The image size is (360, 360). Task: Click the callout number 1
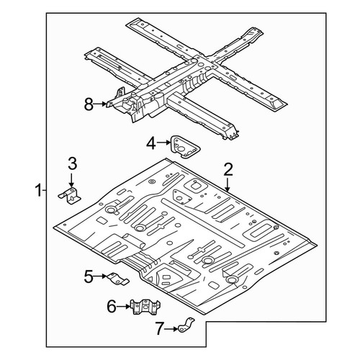coord(38,190)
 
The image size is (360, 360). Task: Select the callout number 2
coord(228,169)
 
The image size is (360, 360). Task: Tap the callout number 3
coord(73,163)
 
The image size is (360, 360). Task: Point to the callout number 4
coord(151,144)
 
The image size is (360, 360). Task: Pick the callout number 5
coord(89,276)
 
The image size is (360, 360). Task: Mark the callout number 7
coord(159,328)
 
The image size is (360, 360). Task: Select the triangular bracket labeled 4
coord(184,147)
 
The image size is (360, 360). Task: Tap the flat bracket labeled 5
coord(118,279)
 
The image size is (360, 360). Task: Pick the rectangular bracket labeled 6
coord(145,307)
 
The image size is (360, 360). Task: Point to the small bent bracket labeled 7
coord(186,325)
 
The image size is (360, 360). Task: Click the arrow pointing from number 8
coord(100,104)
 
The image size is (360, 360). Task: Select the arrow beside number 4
coord(163,143)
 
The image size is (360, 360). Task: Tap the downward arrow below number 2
coord(228,184)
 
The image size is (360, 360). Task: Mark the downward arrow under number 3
coord(71,179)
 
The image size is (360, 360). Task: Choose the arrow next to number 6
coord(124,306)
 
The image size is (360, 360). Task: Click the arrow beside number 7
coord(171,329)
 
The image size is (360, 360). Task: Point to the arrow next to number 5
coord(100,276)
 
